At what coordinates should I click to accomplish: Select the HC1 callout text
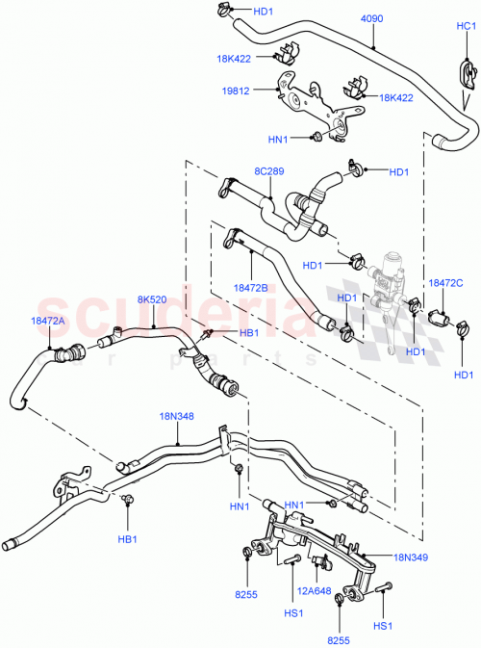466,27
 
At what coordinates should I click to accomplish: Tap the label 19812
237,92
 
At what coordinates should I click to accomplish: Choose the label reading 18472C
445,283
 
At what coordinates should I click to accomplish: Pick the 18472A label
48,322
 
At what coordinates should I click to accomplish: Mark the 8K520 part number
152,299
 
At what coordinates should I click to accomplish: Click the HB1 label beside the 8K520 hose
248,333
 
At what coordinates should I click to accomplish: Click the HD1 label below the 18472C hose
464,375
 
